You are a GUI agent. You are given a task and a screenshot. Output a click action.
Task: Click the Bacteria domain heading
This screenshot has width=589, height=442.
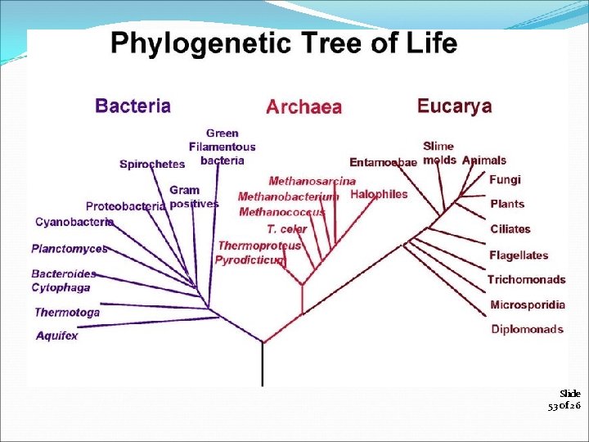[x=133, y=106]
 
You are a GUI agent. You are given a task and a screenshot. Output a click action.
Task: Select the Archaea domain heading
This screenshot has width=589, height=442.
[x=303, y=107]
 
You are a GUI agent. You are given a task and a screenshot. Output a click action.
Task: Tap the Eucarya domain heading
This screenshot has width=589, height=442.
[x=454, y=106]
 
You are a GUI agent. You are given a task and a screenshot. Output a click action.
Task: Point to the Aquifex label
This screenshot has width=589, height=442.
[x=56, y=336]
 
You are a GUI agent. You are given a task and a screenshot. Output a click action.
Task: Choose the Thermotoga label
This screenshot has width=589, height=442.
[x=66, y=312]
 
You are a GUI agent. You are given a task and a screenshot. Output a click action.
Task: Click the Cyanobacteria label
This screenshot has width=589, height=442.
[x=74, y=222]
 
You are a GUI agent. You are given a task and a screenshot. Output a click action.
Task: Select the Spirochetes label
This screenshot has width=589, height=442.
[x=152, y=165]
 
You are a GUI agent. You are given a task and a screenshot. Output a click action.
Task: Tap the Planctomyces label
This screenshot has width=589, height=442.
[x=69, y=249]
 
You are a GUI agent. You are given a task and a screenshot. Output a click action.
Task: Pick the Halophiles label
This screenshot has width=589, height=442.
[x=378, y=195]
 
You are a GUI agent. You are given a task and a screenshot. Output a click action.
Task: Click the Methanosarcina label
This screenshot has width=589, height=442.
[x=312, y=181]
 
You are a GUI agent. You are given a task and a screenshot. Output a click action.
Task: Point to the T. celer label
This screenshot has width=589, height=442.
[x=286, y=229]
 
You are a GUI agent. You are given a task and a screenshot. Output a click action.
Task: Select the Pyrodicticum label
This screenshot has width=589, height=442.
[x=250, y=260]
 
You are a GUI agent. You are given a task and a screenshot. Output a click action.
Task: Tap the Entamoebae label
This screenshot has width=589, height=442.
[x=383, y=162]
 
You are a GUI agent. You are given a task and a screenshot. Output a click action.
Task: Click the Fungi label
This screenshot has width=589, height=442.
[x=505, y=180]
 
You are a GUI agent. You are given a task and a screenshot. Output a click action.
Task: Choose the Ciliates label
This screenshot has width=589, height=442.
[x=510, y=229]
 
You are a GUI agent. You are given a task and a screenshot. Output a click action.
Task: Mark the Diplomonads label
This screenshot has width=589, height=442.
[x=527, y=329]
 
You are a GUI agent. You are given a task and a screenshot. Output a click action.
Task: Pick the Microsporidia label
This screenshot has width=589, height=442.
[x=527, y=304]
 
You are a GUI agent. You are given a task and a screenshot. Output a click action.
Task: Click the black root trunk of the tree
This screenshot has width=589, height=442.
[x=263, y=364]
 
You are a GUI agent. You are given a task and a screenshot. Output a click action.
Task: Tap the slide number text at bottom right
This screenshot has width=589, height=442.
[x=564, y=399]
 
